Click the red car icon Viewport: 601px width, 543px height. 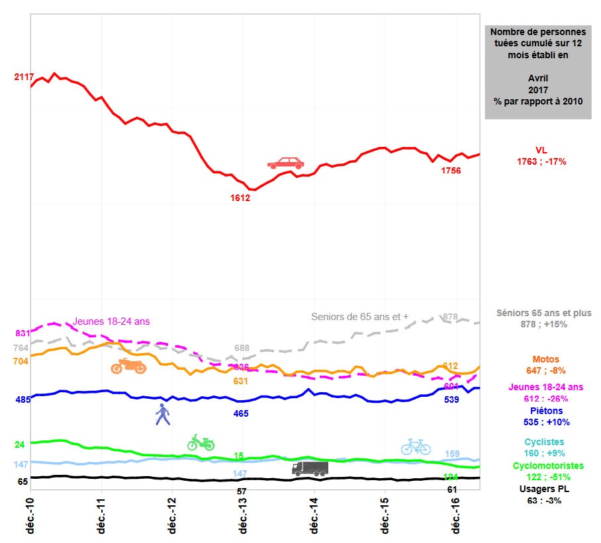point(286,163)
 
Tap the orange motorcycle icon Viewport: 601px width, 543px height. point(128,366)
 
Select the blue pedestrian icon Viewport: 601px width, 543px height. point(162,414)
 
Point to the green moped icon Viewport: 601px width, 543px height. point(201,442)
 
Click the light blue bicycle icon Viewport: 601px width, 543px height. point(416,446)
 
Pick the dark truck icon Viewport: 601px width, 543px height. point(310,468)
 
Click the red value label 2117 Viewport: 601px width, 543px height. point(24,77)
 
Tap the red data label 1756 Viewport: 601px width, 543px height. point(451,171)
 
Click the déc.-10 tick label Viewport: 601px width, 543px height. point(30,516)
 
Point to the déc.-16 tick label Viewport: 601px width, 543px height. point(455,516)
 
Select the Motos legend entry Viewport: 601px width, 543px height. point(541,366)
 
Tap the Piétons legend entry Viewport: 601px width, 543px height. point(541,417)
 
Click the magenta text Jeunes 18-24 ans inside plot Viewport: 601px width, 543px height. point(111,321)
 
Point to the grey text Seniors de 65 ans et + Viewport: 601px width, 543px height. point(359,316)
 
